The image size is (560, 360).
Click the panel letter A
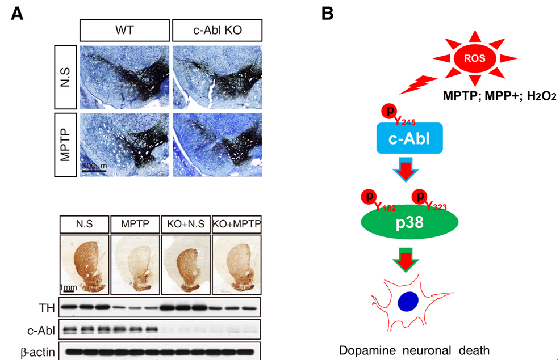[18, 14]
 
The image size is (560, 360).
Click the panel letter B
[328, 14]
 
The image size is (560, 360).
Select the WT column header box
[124, 29]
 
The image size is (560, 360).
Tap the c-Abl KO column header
[216, 29]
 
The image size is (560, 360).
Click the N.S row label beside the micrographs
[66, 77]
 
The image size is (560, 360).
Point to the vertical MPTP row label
[66, 145]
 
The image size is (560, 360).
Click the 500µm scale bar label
[94, 166]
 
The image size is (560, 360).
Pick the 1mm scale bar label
[69, 287]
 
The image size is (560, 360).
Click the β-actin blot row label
[38, 352]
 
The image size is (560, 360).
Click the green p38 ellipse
[409, 222]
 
